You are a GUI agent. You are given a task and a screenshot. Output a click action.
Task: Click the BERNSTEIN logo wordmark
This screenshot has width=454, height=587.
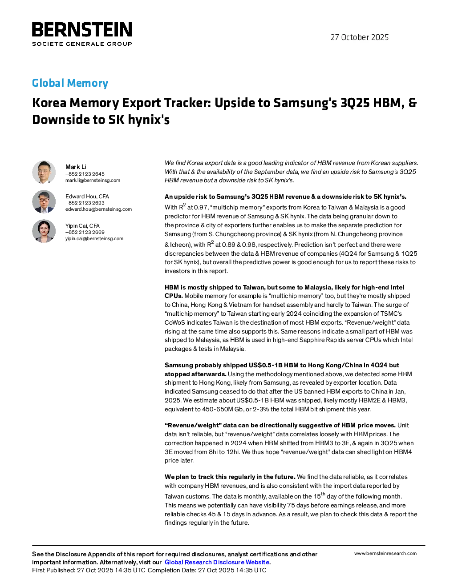tap(82, 29)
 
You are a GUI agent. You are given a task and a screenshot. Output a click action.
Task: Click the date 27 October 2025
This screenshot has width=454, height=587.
tap(359, 37)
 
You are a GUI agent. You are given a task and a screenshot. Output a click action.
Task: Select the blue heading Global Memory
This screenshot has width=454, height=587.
tap(70, 83)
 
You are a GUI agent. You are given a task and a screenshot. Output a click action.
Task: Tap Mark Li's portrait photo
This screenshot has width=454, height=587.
tap(44, 172)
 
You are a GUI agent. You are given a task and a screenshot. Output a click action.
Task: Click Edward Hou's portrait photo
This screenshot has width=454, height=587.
tap(44, 201)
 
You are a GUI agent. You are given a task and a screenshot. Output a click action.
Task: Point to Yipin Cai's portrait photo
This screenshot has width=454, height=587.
tap(44, 231)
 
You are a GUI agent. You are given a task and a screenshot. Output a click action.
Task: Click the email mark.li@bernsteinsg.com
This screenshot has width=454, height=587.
tap(93, 180)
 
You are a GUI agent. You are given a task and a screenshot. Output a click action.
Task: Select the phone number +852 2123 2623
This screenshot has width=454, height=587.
tap(85, 203)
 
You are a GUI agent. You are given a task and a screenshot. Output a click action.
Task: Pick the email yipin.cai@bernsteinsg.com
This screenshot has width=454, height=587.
tap(94, 238)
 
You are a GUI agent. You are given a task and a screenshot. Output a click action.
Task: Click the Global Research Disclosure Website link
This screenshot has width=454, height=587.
tap(217, 562)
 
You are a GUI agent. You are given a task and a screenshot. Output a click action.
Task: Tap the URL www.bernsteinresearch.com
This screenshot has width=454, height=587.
tap(385, 554)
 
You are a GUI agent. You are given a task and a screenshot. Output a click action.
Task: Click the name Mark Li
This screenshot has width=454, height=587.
tap(76, 167)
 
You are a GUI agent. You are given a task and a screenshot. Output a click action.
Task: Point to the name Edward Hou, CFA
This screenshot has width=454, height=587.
tap(87, 197)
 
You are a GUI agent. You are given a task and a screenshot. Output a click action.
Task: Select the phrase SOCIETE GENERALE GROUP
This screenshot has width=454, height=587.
tap(82, 44)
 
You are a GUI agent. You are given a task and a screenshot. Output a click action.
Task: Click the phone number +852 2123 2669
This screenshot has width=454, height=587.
tap(85, 232)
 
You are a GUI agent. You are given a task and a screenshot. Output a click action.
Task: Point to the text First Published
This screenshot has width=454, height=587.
tap(53, 570)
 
